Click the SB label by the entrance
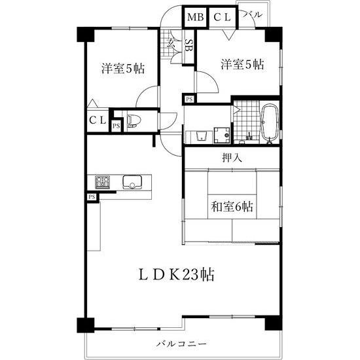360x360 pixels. (189, 46)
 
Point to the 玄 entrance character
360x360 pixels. (171, 43)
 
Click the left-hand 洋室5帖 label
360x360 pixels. (122, 68)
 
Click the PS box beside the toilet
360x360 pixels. (116, 125)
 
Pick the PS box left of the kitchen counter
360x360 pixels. (92, 196)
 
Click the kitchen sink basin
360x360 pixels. (133, 182)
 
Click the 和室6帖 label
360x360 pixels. (232, 207)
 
